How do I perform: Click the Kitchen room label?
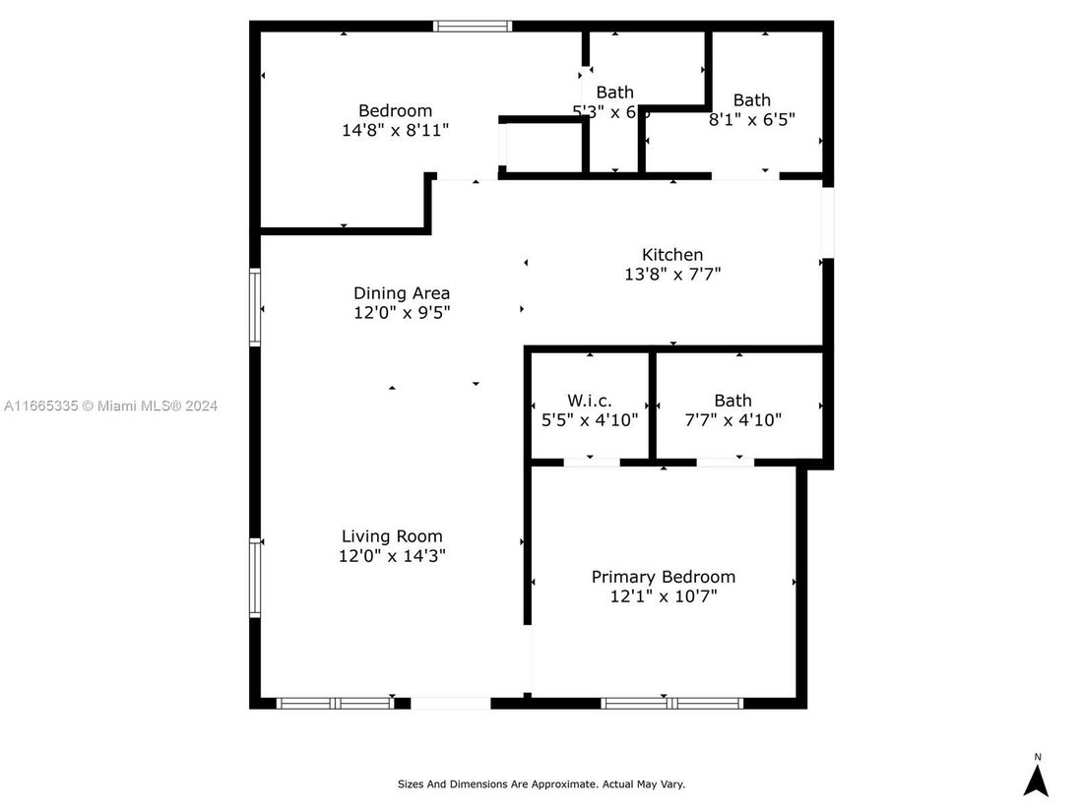tap(672, 255)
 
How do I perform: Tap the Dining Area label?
tap(402, 292)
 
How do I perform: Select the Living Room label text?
tap(392, 536)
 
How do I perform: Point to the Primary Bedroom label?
tap(663, 577)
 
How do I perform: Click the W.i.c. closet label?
tap(590, 401)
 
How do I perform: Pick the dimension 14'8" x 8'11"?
tap(394, 130)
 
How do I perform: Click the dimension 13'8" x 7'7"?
tap(672, 275)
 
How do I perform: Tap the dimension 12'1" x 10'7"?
tap(663, 596)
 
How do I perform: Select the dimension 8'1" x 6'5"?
tap(752, 119)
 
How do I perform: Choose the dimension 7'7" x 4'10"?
tap(733, 419)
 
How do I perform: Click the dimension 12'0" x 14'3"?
tap(392, 556)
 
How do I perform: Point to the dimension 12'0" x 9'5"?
tap(402, 312)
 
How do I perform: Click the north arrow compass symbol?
tap(1036, 778)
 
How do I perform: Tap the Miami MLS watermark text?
tap(110, 406)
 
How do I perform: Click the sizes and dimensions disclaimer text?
tap(541, 784)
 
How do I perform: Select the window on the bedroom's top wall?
tap(474, 27)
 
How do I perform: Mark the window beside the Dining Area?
tap(255, 308)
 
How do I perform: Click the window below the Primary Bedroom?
tap(670, 703)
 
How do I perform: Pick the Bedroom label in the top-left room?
tap(395, 110)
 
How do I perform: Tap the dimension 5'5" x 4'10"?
tap(590, 419)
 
